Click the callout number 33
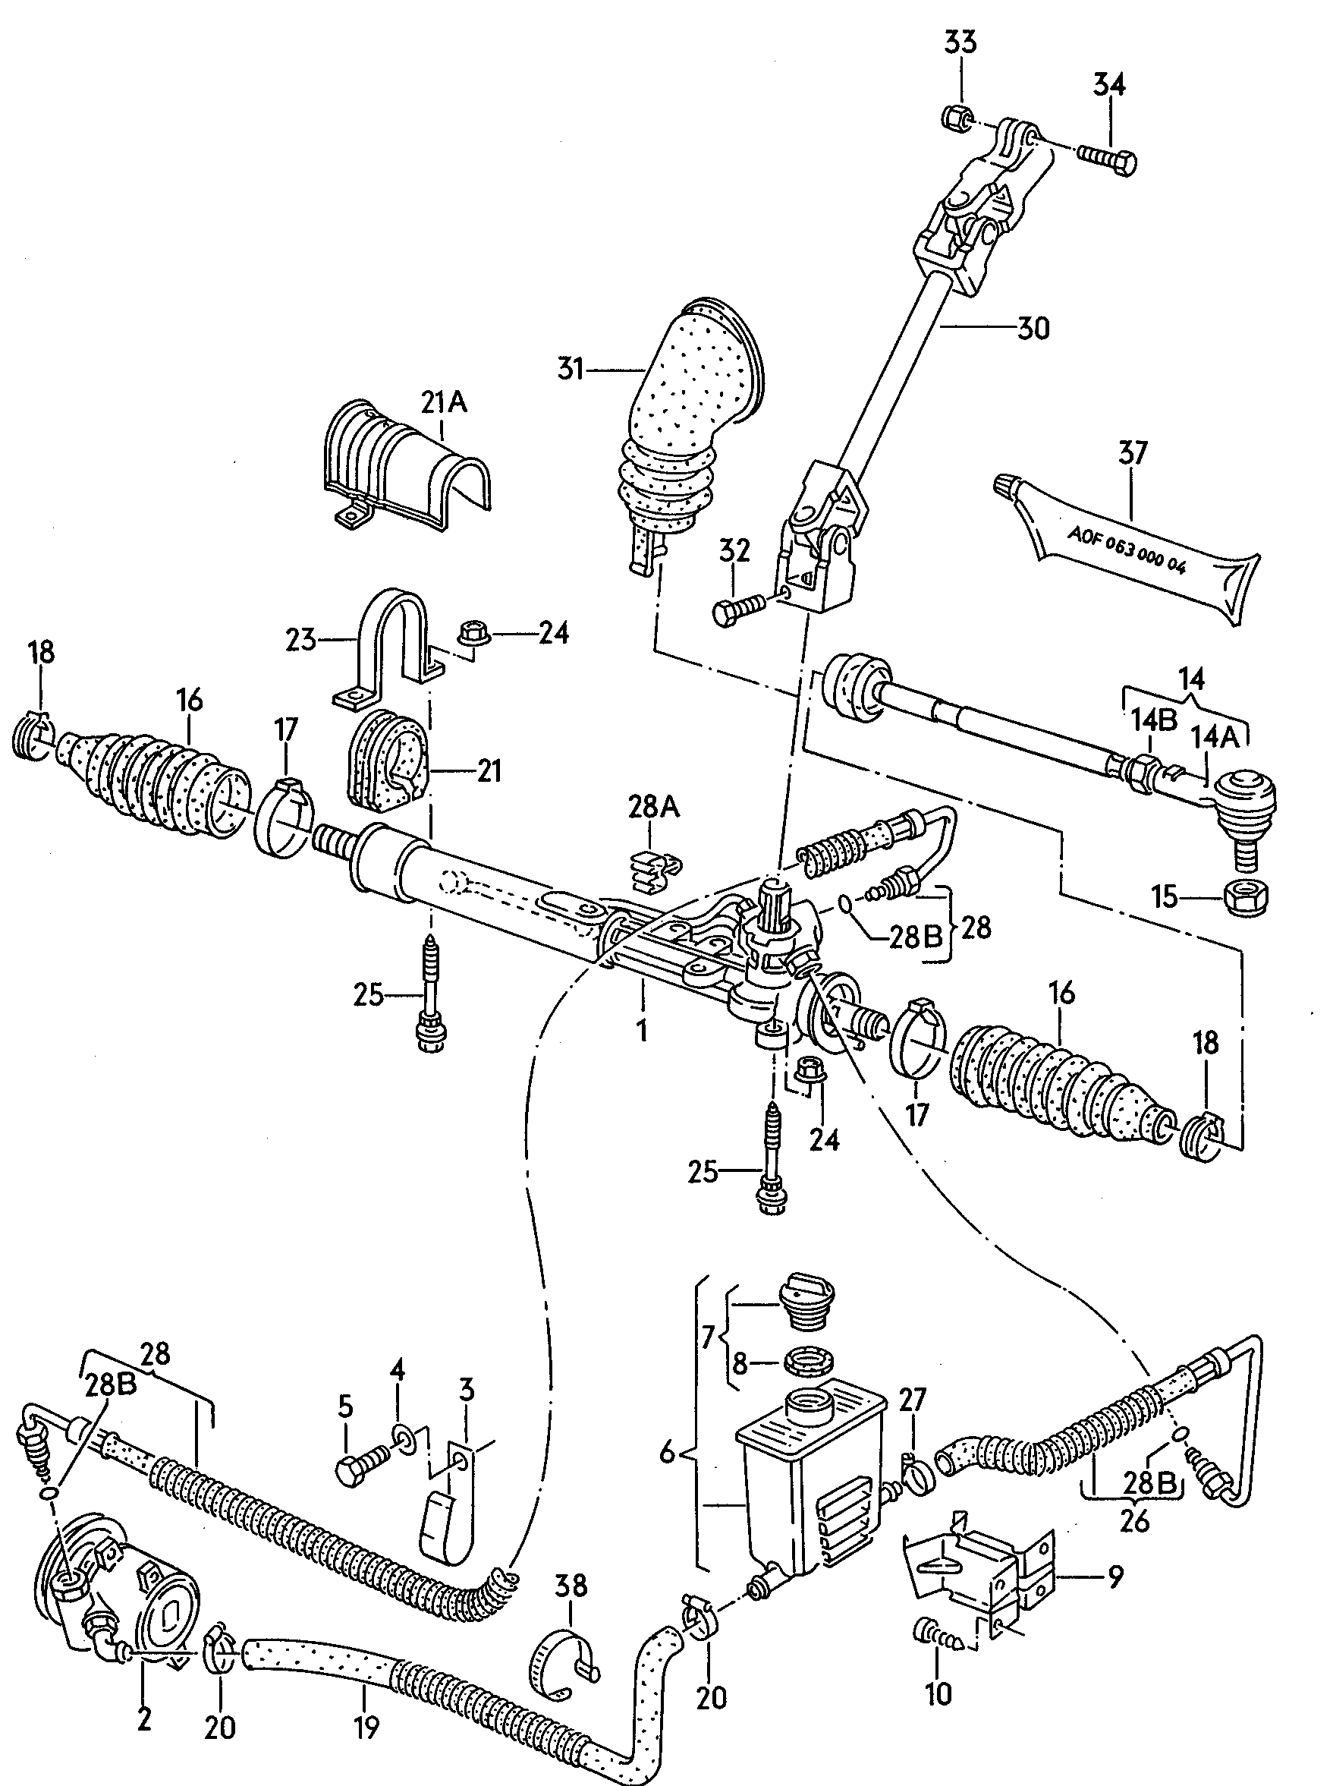(x=960, y=42)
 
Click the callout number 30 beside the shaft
(x=1033, y=329)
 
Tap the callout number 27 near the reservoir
(x=912, y=1400)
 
